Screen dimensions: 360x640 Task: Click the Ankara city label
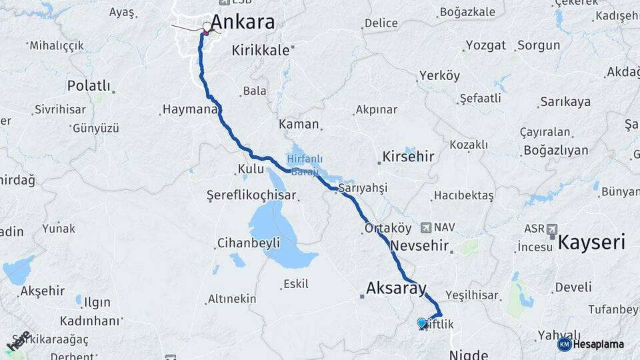point(243,22)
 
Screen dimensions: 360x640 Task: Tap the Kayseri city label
point(592,242)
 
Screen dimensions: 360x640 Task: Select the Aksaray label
point(396,289)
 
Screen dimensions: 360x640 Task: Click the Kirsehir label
point(408,157)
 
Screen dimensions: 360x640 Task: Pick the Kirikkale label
point(261,50)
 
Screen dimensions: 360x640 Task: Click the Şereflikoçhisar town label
point(251,195)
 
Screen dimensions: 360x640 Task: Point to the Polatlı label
point(88,85)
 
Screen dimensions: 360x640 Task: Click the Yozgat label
point(485,46)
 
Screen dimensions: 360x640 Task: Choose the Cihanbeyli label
point(249,243)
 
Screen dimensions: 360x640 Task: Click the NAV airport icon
point(426,227)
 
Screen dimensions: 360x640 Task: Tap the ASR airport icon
point(552,229)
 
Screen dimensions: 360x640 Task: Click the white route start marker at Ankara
point(207,27)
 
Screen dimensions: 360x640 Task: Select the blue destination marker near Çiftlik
point(421,323)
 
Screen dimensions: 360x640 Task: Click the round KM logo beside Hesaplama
point(564,344)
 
